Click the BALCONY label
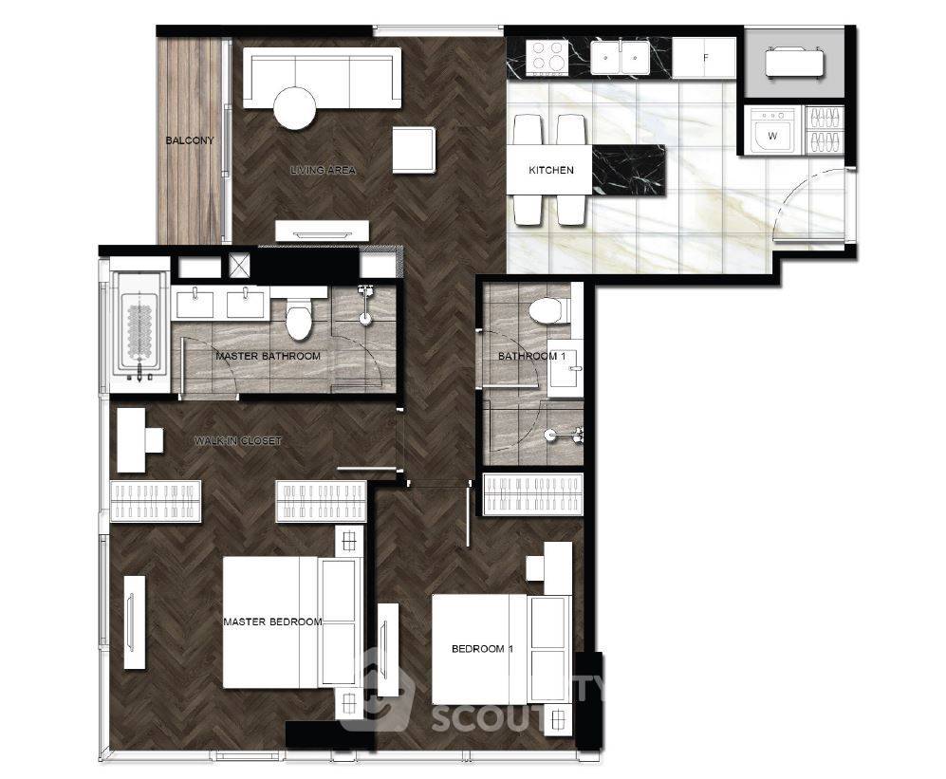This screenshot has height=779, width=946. click(189, 140)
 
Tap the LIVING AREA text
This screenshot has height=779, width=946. click(323, 171)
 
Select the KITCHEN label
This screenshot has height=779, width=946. click(551, 171)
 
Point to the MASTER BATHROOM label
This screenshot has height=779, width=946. click(268, 357)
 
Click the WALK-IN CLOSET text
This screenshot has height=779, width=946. click(237, 441)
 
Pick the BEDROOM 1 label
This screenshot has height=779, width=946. click(482, 649)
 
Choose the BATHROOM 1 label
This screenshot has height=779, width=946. click(528, 357)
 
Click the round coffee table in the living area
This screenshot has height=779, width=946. click(294, 107)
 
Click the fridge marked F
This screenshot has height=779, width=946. click(705, 58)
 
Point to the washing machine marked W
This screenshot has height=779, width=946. click(772, 135)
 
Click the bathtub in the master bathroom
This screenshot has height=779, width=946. click(139, 325)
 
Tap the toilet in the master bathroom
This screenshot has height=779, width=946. click(302, 317)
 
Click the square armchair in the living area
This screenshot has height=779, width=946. click(414, 150)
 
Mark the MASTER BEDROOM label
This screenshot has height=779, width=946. click(272, 622)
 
